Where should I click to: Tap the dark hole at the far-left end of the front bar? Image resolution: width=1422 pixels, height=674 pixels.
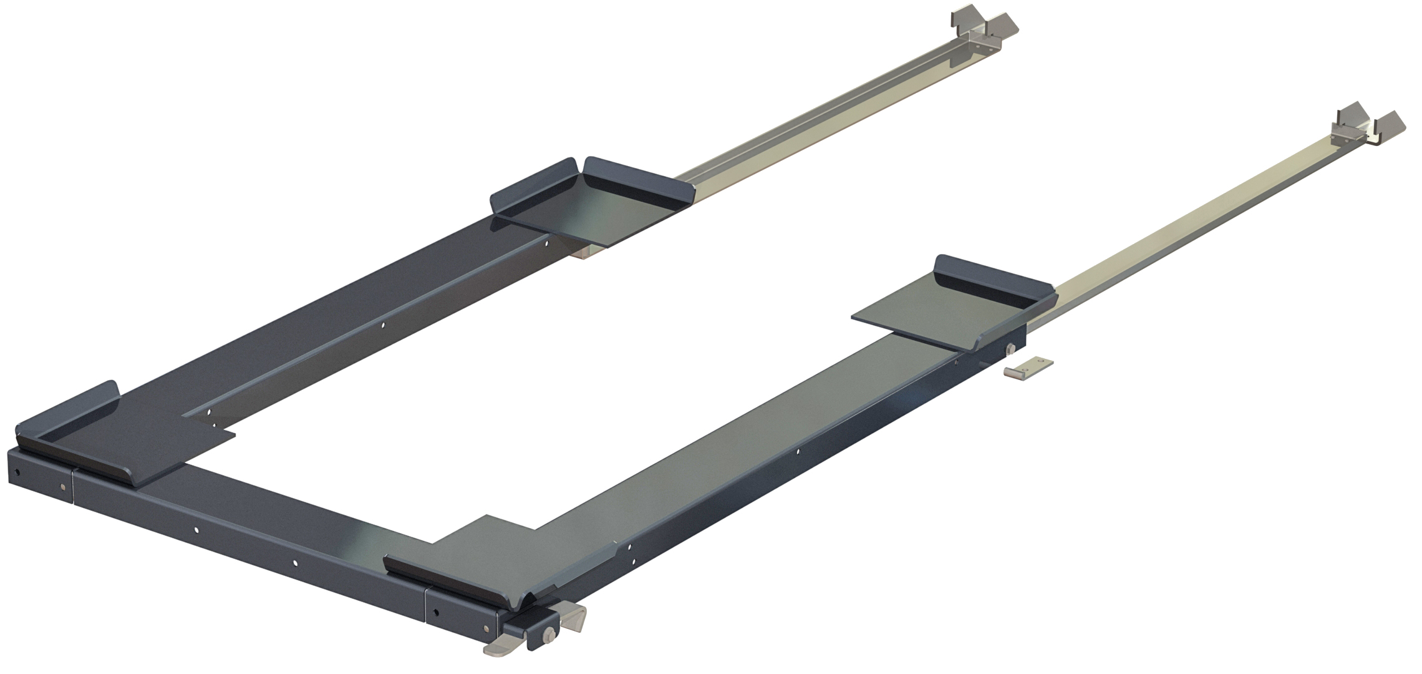click(x=18, y=470)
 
